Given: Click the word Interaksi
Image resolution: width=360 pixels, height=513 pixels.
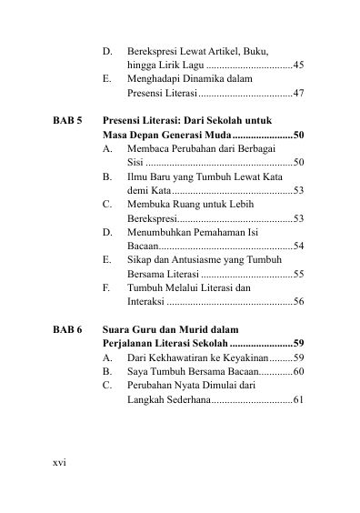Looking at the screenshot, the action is [147, 301].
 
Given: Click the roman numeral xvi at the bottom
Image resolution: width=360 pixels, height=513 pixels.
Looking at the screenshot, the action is [60, 462].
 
